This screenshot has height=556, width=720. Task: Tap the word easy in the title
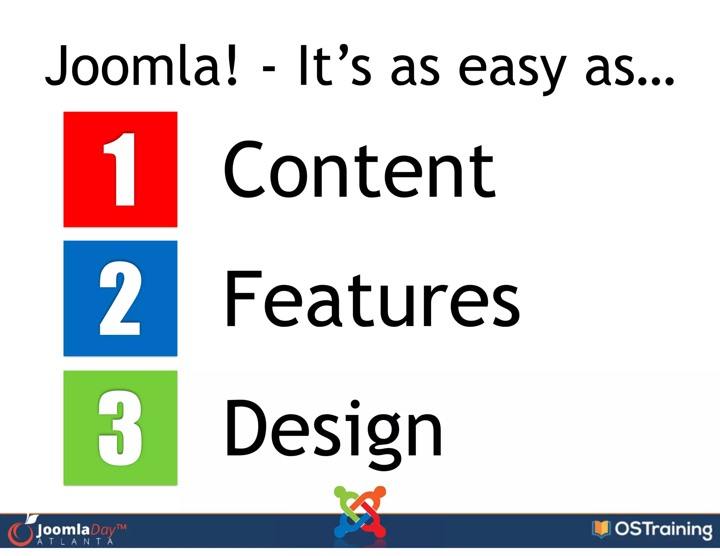(512, 69)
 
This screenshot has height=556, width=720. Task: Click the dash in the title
(269, 68)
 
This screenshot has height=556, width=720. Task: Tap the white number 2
(121, 298)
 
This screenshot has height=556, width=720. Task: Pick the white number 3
(121, 428)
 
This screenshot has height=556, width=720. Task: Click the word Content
(359, 170)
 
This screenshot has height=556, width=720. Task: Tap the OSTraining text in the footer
(663, 529)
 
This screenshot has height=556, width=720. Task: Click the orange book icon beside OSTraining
(600, 529)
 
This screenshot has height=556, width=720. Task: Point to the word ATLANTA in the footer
(75, 542)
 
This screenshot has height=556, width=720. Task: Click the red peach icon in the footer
(20, 532)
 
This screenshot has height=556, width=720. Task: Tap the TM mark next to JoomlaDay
(121, 527)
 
